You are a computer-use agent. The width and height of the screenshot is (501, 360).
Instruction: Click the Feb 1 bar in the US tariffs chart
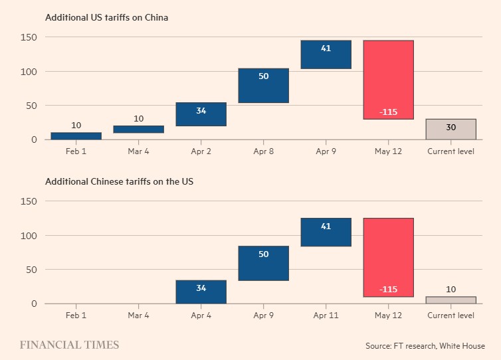click(x=76, y=135)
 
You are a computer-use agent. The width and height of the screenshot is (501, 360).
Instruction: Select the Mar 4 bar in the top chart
click(x=138, y=129)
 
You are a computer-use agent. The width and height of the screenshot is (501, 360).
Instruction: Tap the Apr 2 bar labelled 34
click(x=201, y=114)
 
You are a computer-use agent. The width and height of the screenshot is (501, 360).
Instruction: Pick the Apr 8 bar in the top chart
click(x=263, y=86)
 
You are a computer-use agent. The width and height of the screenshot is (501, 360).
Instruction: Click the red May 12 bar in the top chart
click(x=388, y=80)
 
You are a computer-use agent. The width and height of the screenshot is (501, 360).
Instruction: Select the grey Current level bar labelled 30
click(x=451, y=129)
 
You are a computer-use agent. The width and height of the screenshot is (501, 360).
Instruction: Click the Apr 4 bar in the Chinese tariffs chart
click(x=201, y=292)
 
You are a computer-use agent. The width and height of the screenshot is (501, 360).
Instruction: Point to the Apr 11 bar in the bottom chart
click(x=326, y=232)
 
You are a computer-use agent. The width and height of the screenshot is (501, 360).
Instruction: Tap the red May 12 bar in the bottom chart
click(x=388, y=257)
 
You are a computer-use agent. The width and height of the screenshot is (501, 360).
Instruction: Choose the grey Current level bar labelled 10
click(x=451, y=300)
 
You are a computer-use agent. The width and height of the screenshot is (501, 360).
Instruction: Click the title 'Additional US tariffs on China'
click(x=106, y=17)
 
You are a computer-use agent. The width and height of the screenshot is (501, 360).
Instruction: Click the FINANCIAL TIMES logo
click(x=69, y=345)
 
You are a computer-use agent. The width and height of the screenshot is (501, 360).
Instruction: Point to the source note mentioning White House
click(x=425, y=346)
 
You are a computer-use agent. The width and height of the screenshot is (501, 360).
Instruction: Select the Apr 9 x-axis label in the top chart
click(x=326, y=151)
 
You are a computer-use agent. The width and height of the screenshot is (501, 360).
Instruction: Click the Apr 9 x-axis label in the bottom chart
click(x=263, y=315)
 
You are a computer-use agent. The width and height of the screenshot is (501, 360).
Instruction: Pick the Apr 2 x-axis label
click(x=201, y=151)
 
